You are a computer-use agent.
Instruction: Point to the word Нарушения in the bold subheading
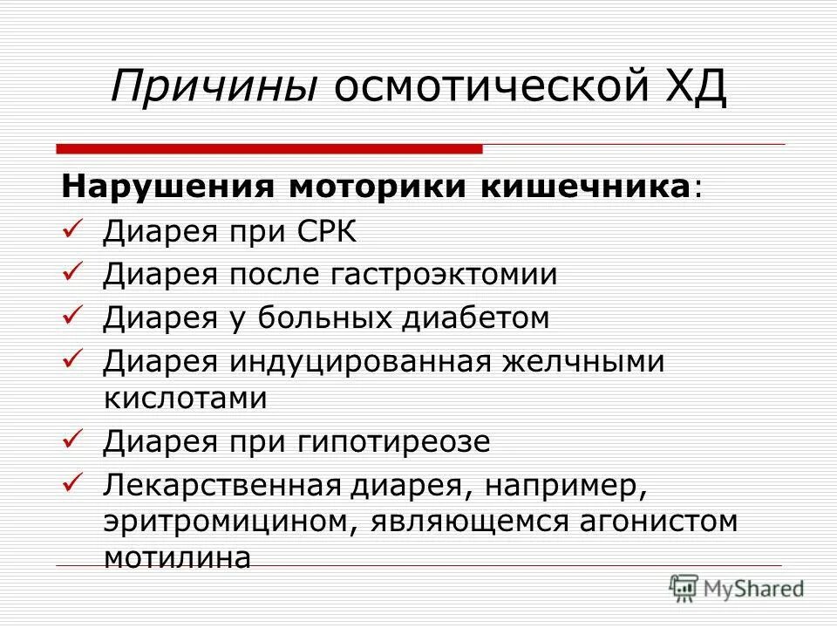[x=166, y=188]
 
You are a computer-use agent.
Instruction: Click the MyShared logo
[x=736, y=589]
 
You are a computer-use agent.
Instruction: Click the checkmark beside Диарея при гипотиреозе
[x=73, y=440]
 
